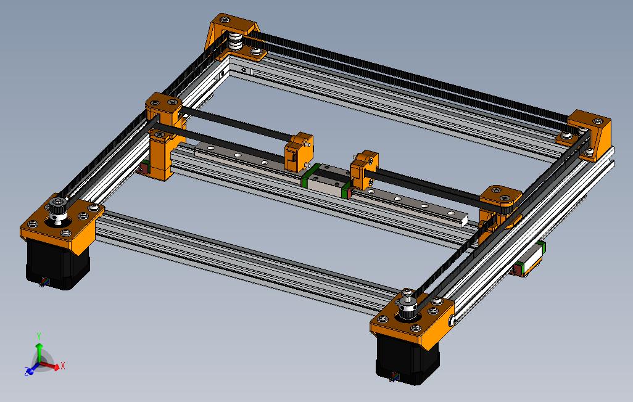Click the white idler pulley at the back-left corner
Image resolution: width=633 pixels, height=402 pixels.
235,44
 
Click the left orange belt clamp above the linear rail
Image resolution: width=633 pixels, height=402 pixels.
299,152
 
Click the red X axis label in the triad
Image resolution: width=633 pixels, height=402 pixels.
63,366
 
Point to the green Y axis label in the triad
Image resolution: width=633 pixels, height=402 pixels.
39,336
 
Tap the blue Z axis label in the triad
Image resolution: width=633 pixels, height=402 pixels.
27,372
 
